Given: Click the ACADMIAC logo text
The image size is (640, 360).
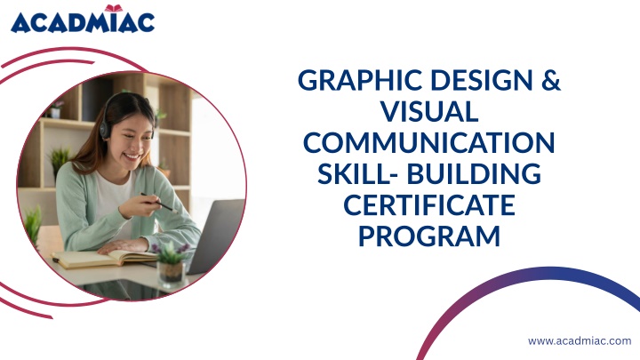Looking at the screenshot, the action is [x=83, y=23].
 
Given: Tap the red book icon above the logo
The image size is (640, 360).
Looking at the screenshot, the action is [x=114, y=8].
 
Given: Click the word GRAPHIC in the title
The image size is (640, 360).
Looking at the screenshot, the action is [x=360, y=80].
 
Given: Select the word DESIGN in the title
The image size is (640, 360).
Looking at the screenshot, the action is [x=482, y=80].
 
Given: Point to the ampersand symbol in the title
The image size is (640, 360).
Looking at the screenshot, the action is [x=551, y=80].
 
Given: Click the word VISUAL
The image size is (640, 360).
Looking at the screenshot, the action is [x=429, y=111].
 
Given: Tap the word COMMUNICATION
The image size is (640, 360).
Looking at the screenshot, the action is [x=429, y=142].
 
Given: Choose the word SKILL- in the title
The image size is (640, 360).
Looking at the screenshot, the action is [x=359, y=173].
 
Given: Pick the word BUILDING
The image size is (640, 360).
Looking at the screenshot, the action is [x=475, y=173].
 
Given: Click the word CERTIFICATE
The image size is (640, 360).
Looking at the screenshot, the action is [x=429, y=204].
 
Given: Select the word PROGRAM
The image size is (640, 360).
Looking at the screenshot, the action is [x=429, y=236].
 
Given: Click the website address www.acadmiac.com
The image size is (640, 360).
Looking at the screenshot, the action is [x=580, y=340].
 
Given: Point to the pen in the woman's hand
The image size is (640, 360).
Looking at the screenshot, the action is [x=158, y=203].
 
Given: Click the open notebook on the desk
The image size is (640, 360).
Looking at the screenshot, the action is [x=104, y=259].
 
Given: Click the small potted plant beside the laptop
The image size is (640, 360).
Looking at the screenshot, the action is [x=172, y=263].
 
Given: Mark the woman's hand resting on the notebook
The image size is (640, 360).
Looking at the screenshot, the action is [x=122, y=245].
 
